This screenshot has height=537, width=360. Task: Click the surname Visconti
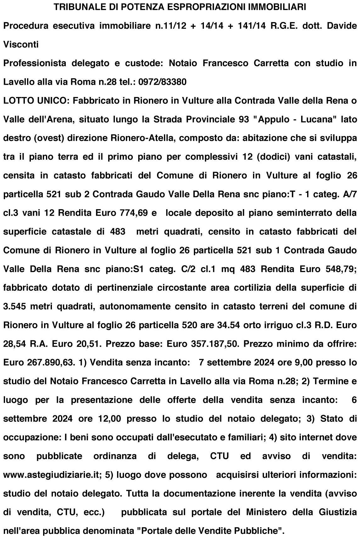(x=21, y=44)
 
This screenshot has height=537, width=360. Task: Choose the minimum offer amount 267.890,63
(x=51, y=363)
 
